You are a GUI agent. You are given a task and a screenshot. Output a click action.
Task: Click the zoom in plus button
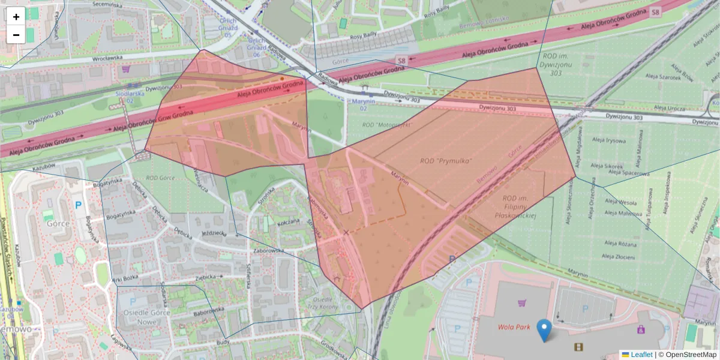[x=16, y=16]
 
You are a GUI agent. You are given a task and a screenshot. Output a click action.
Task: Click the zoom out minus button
[x=16, y=35]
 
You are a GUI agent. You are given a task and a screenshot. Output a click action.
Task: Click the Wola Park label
[x=514, y=327]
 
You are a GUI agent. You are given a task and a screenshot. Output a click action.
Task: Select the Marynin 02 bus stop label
[x=364, y=105]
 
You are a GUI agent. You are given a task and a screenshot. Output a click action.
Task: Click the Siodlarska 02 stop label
[x=130, y=97]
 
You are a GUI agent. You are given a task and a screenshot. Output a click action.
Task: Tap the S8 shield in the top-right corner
[x=655, y=11]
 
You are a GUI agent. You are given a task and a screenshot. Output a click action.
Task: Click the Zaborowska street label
[x=268, y=251]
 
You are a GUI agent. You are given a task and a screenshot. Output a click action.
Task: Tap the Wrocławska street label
[x=107, y=59]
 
